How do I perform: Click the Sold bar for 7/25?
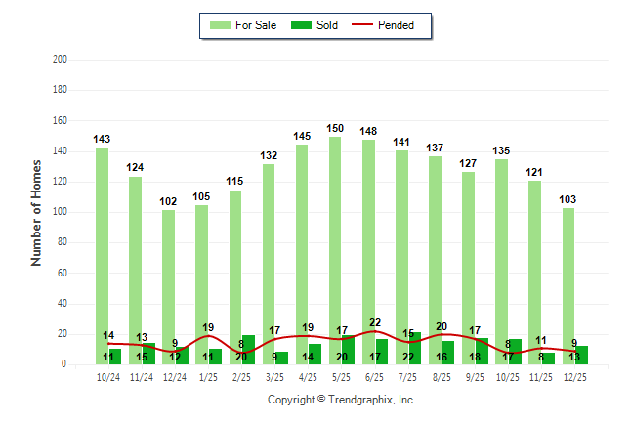(x=415, y=349)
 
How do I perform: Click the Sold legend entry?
(x=315, y=25)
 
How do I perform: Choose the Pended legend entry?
(x=390, y=25)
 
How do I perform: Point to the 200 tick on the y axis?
(x=60, y=60)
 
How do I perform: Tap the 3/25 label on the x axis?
(x=275, y=377)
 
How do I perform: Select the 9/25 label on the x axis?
(x=476, y=377)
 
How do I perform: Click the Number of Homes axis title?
(x=37, y=212)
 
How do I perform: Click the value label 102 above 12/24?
(x=168, y=202)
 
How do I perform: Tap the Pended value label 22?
(x=374, y=322)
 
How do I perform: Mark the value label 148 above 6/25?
(x=368, y=132)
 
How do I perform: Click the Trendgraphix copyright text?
(x=342, y=400)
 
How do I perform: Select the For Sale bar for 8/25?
(x=436, y=260)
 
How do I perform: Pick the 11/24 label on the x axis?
(x=142, y=377)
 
